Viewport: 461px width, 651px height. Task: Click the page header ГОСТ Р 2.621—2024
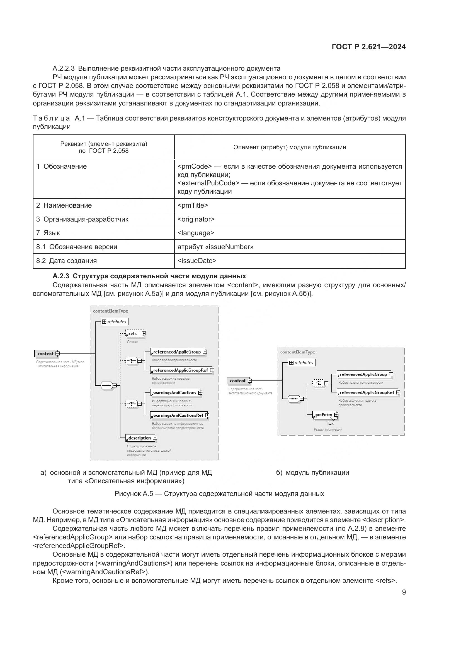pos(368,47)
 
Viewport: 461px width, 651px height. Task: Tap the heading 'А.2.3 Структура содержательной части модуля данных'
pos(149,276)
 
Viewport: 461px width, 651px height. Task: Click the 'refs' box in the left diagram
pos(133,334)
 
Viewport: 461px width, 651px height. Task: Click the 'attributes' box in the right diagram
pos(302,363)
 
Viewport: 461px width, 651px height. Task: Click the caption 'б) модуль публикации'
pos(312,473)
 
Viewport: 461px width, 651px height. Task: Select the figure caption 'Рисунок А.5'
pos(219,494)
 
